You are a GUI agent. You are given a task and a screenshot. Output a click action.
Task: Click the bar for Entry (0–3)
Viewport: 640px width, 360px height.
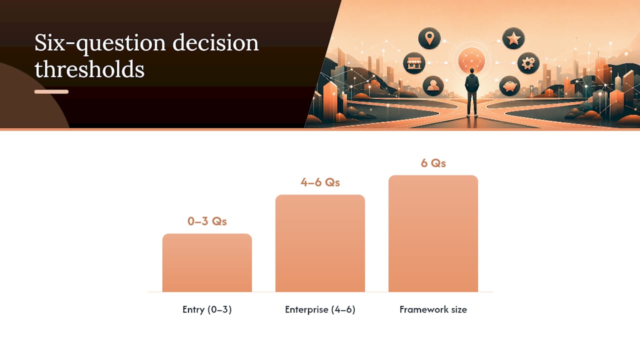coord(207,263)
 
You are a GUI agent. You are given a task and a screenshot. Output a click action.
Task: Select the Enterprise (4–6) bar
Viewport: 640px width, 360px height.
coord(320,243)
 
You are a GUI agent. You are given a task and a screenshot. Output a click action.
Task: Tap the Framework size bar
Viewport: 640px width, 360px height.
coord(433,233)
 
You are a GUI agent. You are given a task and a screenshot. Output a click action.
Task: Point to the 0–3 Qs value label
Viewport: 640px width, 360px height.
coord(207,221)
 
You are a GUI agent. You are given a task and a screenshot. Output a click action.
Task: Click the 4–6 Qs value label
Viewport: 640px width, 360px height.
coord(320,182)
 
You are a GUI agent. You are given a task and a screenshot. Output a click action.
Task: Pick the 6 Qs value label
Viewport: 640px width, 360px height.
coord(433,163)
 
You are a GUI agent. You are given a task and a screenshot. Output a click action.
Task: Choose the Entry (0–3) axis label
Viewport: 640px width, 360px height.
coord(207,309)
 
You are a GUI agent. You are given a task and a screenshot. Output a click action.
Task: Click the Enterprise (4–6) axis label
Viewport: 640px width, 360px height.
coord(320,309)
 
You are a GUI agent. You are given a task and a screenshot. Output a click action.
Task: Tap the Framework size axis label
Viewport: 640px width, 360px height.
coord(433,309)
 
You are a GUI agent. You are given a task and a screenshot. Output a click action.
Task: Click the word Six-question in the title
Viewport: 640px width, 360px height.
coord(100,43)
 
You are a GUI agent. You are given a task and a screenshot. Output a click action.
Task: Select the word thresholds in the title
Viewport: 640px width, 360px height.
coord(89,69)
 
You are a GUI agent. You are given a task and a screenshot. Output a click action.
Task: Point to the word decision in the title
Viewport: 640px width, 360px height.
coord(215,42)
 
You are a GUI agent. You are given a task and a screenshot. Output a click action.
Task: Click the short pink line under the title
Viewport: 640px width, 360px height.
coord(51,91)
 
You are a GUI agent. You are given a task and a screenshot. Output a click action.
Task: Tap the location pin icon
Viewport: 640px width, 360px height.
coord(429,38)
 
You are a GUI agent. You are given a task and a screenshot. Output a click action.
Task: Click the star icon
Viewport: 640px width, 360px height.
coord(513,38)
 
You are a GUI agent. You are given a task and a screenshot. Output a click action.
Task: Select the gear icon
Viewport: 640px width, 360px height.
coord(528,63)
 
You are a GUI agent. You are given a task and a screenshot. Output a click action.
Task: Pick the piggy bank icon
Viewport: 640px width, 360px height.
coord(509,85)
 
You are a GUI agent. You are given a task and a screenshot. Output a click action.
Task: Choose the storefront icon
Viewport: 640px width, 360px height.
coord(414,63)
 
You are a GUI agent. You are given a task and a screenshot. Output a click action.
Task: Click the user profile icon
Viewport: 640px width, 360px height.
coord(433,85)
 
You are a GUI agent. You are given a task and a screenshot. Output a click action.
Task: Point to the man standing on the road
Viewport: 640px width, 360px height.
coord(471,92)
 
